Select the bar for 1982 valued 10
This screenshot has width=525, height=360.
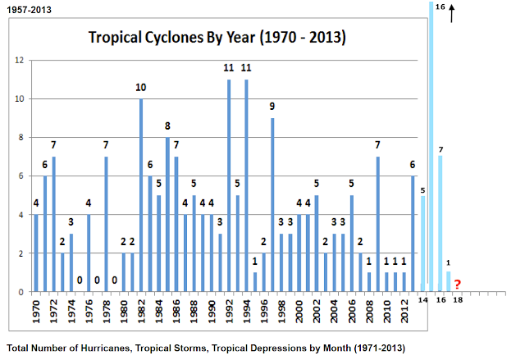pos(141,195)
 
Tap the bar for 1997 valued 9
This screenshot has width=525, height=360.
pos(272,205)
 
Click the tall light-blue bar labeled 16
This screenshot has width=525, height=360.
pos(431,148)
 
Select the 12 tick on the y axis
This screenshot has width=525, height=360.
pos(19,61)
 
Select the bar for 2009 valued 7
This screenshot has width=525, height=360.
pos(377,224)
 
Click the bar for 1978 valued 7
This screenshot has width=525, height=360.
pos(107,224)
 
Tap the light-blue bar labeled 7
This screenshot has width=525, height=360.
pos(441,223)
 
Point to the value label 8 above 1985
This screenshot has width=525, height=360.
pos(167,126)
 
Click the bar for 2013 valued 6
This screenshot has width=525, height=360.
pos(413,234)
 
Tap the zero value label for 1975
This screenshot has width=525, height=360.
pos(80,280)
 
